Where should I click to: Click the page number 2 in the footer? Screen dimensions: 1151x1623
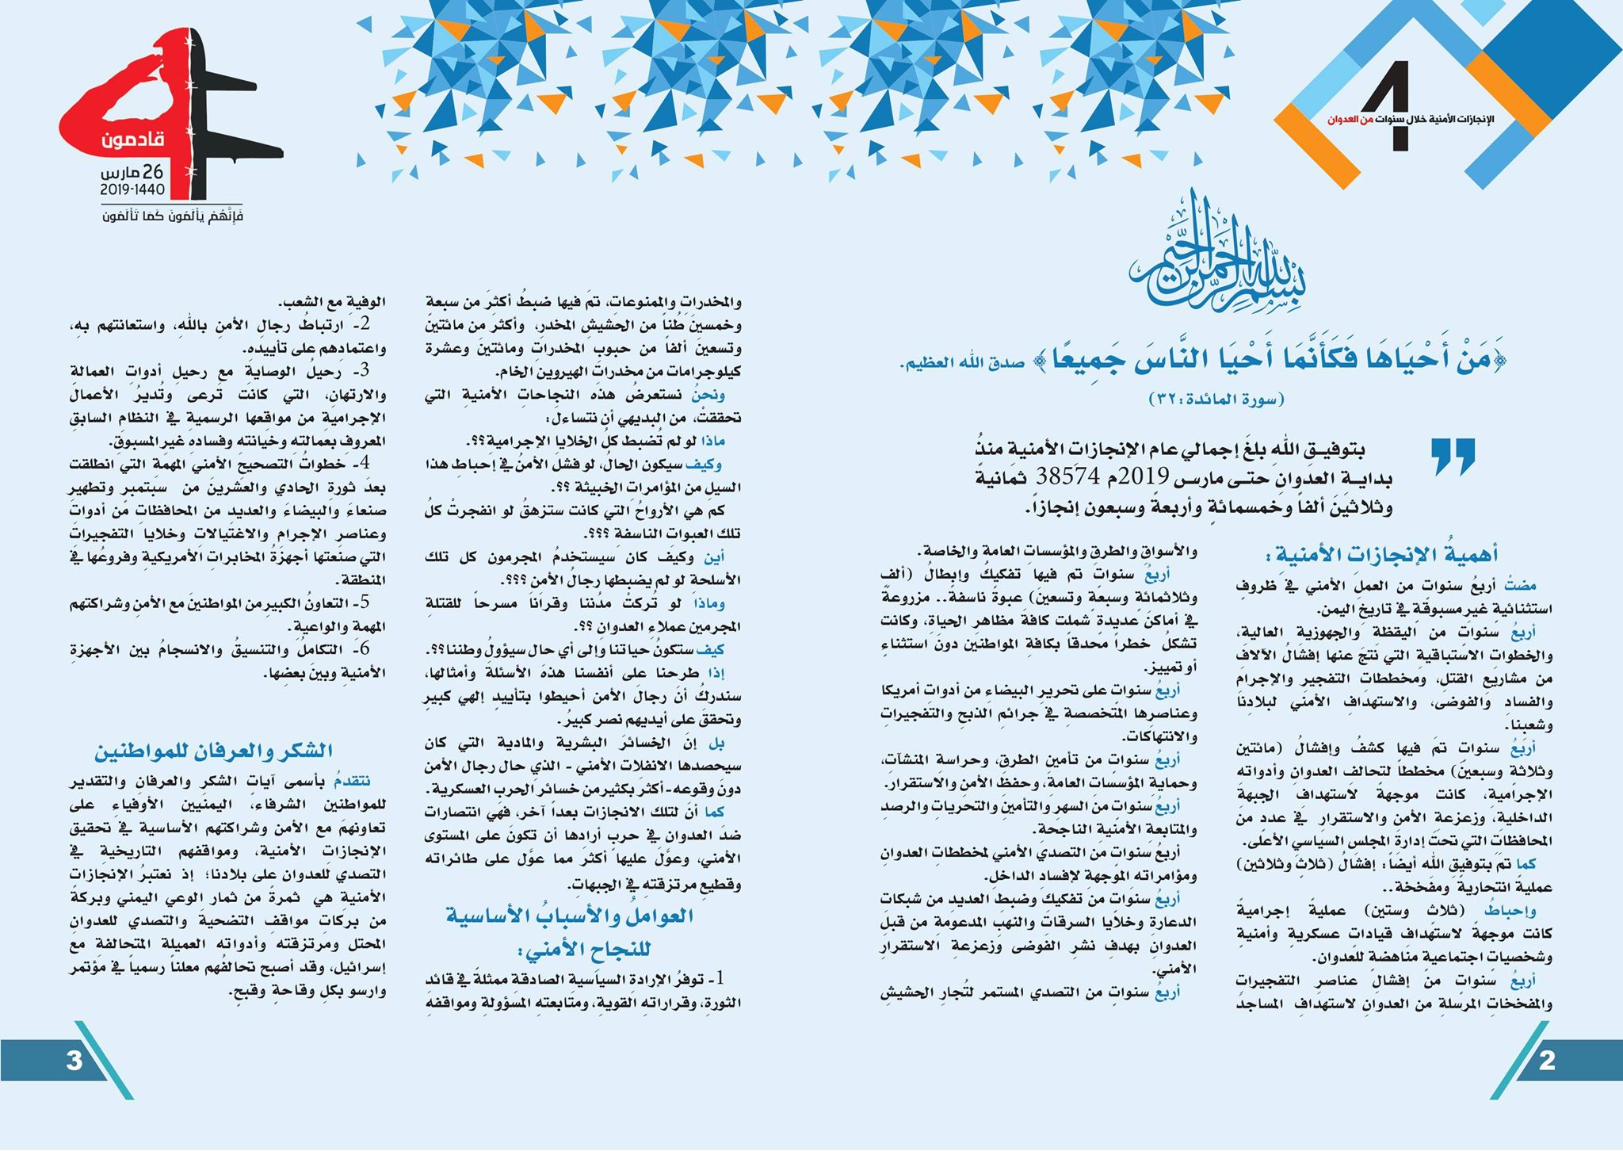pos(1546,1061)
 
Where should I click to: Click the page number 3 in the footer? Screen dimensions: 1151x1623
pos(74,1061)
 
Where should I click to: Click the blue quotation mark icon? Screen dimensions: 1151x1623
pos(1453,457)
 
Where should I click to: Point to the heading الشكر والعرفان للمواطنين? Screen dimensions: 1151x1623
pos(214,750)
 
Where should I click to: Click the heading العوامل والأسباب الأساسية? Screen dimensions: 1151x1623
pos(569,916)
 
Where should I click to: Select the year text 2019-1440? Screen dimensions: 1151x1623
pos(132,190)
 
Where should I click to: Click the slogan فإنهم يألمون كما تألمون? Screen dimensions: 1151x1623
pos(172,216)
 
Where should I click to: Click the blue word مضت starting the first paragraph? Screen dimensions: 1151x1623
pos(1522,585)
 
